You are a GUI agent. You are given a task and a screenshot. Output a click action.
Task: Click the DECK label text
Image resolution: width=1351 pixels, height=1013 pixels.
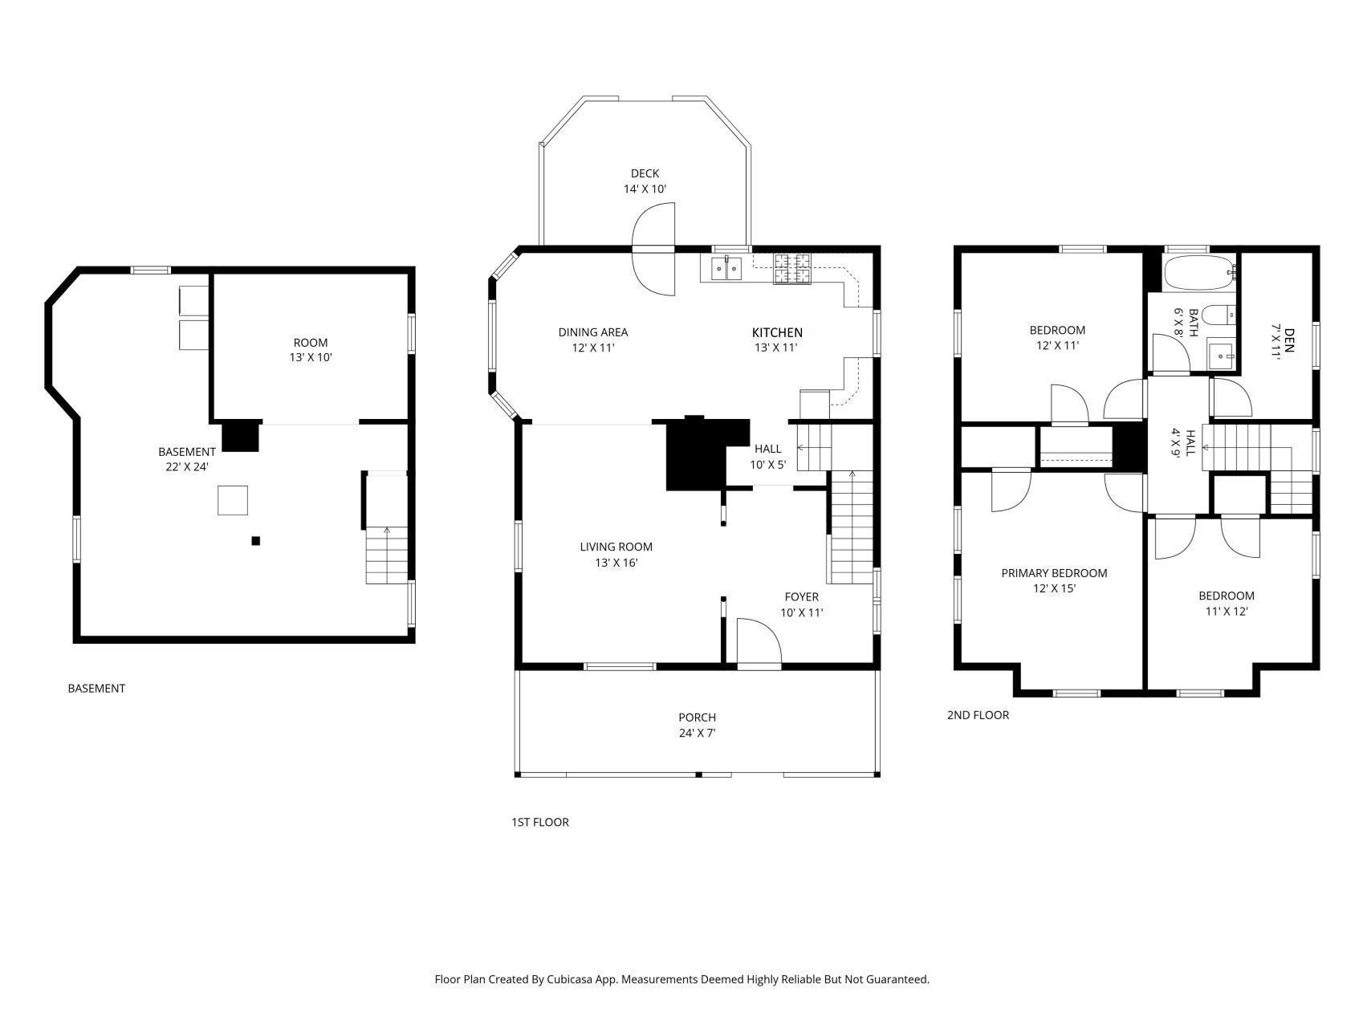pyautogui.click(x=645, y=173)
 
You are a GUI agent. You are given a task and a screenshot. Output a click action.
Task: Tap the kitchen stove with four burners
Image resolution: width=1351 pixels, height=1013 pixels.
pyautogui.click(x=791, y=268)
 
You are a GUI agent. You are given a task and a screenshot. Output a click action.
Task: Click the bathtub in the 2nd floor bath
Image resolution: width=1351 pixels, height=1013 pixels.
pyautogui.click(x=1199, y=274)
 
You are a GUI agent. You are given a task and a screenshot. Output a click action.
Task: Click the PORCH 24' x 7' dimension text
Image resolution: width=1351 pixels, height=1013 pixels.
pyautogui.click(x=697, y=733)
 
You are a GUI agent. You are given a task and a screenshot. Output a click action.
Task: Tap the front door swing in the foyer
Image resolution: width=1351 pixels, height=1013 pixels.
pyautogui.click(x=758, y=641)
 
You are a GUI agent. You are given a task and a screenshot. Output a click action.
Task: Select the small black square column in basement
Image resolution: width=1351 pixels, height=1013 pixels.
pyautogui.click(x=256, y=541)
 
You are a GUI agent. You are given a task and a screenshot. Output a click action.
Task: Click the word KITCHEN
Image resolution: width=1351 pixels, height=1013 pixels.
pyautogui.click(x=776, y=332)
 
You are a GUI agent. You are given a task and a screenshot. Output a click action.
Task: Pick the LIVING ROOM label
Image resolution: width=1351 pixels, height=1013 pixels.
pyautogui.click(x=616, y=547)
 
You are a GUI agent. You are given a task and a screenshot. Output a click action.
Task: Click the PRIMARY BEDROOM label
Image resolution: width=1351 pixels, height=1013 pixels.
pyautogui.click(x=1054, y=573)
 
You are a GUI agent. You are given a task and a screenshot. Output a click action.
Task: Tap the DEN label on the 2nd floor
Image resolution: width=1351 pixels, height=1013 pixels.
pyautogui.click(x=1289, y=336)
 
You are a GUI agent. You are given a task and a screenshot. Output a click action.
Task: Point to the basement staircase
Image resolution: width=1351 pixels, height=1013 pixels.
pyautogui.click(x=387, y=555)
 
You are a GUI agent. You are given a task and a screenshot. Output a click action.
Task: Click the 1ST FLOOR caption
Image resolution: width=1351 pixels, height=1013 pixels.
pyautogui.click(x=539, y=822)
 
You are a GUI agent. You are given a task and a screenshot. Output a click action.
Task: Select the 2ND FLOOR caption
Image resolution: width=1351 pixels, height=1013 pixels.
pyautogui.click(x=978, y=714)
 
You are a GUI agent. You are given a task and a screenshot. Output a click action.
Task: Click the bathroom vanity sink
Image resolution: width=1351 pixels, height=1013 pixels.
pyautogui.click(x=1222, y=354)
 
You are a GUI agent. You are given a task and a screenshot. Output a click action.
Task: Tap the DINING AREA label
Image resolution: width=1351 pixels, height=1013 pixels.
pyautogui.click(x=592, y=332)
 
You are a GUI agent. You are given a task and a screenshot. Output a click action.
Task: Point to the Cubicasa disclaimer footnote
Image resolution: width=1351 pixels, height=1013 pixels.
pyautogui.click(x=682, y=979)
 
